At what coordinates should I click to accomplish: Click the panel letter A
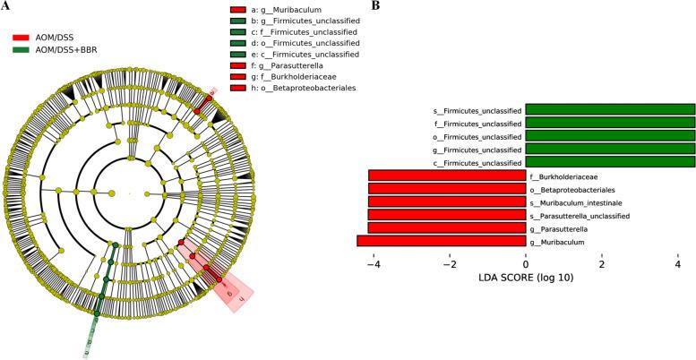[x=5, y=7]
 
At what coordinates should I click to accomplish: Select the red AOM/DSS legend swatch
[x=22, y=38]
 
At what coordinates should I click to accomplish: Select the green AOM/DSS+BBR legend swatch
[x=22, y=49]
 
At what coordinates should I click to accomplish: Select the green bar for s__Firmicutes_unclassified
[x=610, y=110]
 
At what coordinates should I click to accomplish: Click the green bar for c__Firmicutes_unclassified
[x=610, y=162]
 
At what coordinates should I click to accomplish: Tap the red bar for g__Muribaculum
[x=441, y=241]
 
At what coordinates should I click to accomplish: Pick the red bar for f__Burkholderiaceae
[x=447, y=176]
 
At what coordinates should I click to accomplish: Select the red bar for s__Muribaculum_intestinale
[x=447, y=201]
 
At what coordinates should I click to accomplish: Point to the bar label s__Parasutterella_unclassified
[x=580, y=215]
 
